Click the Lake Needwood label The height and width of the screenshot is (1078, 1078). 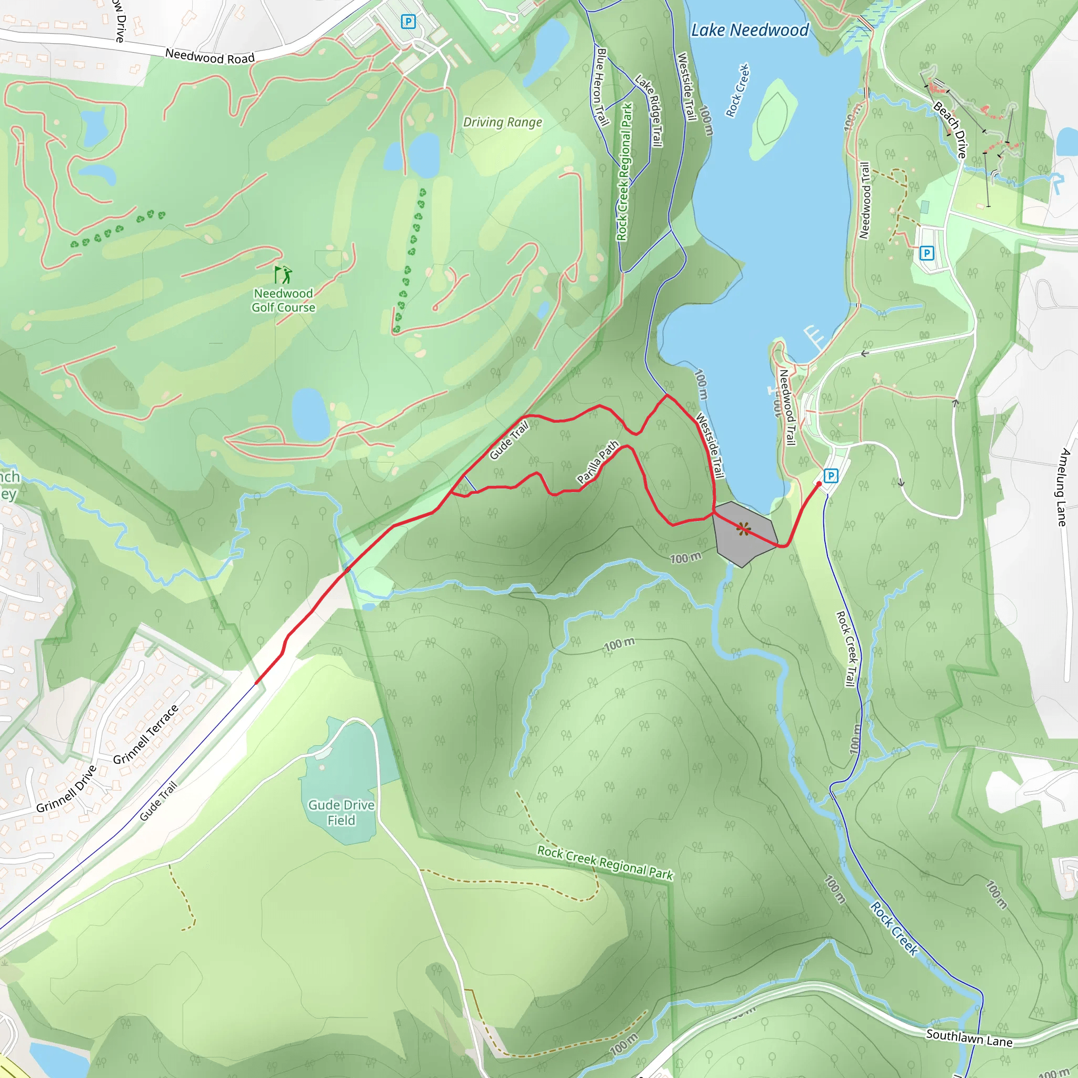[750, 30]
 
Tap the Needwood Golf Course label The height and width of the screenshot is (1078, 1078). [284, 300]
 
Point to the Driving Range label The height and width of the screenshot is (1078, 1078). [502, 122]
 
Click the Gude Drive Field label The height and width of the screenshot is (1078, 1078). [341, 812]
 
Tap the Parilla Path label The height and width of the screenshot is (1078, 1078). [597, 462]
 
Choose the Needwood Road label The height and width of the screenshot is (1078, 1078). [210, 56]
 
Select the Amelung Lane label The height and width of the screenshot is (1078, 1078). [1063, 486]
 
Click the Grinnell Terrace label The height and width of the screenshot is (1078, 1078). [146, 734]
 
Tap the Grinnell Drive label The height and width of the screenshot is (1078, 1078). [66, 789]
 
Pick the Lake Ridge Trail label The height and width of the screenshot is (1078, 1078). [649, 111]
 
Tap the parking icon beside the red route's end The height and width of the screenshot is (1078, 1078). [831, 476]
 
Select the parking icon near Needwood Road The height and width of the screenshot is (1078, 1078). [408, 22]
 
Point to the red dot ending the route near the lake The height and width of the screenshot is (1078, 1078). [819, 484]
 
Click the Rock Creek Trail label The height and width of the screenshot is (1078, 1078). [846, 648]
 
